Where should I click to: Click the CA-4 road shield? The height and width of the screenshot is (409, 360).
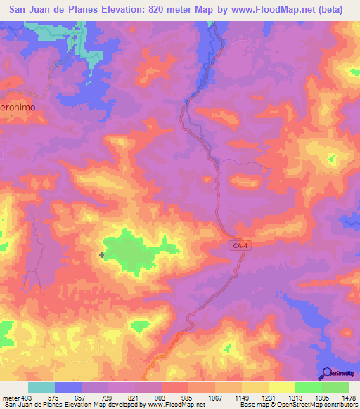click(x=239, y=245)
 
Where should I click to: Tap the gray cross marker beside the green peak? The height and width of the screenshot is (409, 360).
click(x=103, y=255)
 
